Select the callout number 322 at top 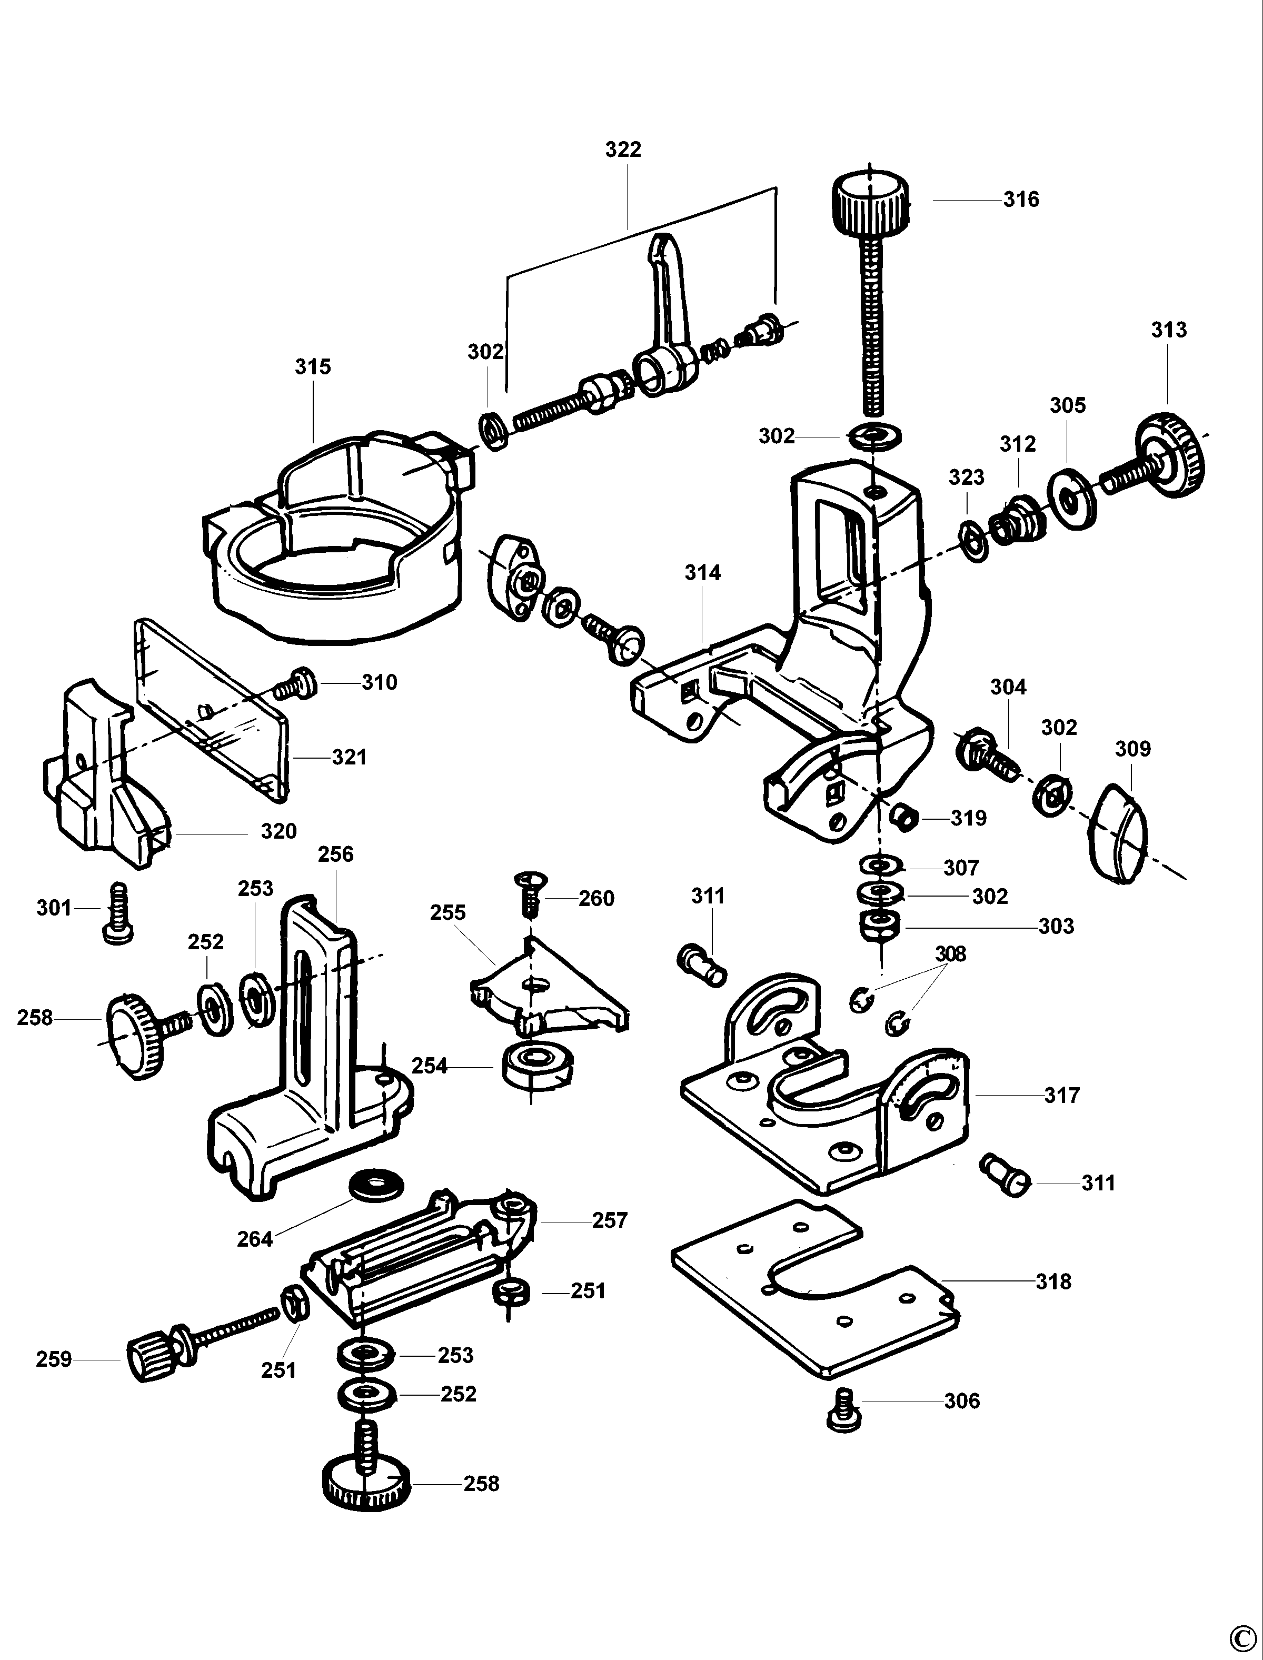point(623,150)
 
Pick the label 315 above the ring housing point(313,367)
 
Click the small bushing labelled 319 point(903,817)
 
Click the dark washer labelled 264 point(376,1186)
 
